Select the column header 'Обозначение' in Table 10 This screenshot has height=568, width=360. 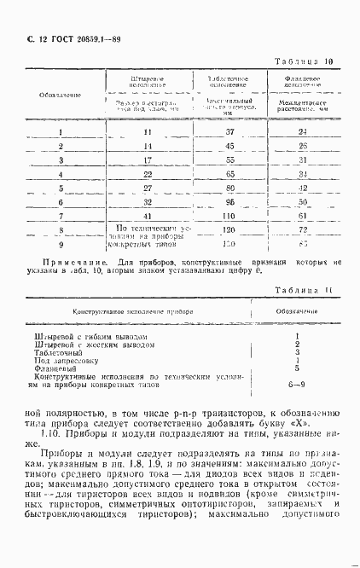pos(61,94)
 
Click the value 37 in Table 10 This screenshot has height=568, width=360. pos(229,132)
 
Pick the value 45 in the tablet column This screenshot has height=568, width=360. pos(229,146)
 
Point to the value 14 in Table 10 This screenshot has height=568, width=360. pos(148,146)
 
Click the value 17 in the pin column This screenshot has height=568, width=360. pos(148,159)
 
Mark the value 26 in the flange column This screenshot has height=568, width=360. pos(302,146)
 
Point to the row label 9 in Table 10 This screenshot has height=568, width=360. pos(61,244)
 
